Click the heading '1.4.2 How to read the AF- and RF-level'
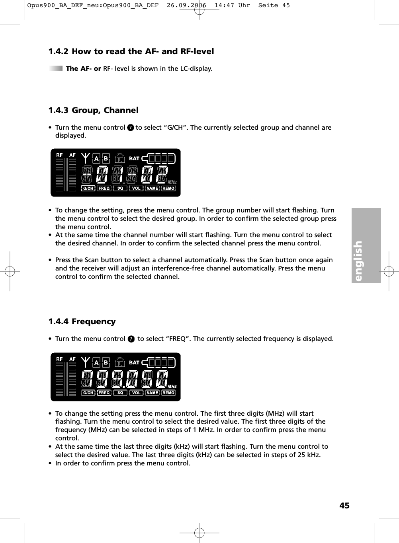coord(131,51)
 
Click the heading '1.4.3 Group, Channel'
coord(94,110)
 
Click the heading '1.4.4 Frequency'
coord(82,321)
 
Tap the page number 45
coord(344,506)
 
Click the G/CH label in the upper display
coord(88,189)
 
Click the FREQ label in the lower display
coord(104,393)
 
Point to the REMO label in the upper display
coord(168,189)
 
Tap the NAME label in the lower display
coord(152,393)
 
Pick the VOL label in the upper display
coord(136,189)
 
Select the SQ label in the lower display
coord(120,393)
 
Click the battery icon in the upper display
coord(161,159)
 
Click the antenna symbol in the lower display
coord(85,363)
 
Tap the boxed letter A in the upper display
coord(96,159)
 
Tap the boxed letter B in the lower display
coord(106,363)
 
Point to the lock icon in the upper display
coord(119,159)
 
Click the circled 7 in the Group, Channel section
coord(130,128)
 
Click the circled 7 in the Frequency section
coord(131,339)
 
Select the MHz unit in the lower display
coord(172,386)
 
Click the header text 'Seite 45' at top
coord(274,6)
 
